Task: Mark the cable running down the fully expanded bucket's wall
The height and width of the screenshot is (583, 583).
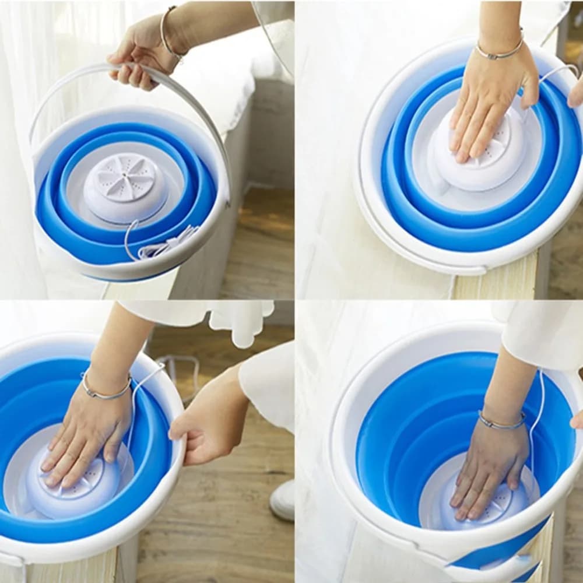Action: (533, 420)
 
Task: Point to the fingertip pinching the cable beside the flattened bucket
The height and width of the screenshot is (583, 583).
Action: (576, 93)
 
